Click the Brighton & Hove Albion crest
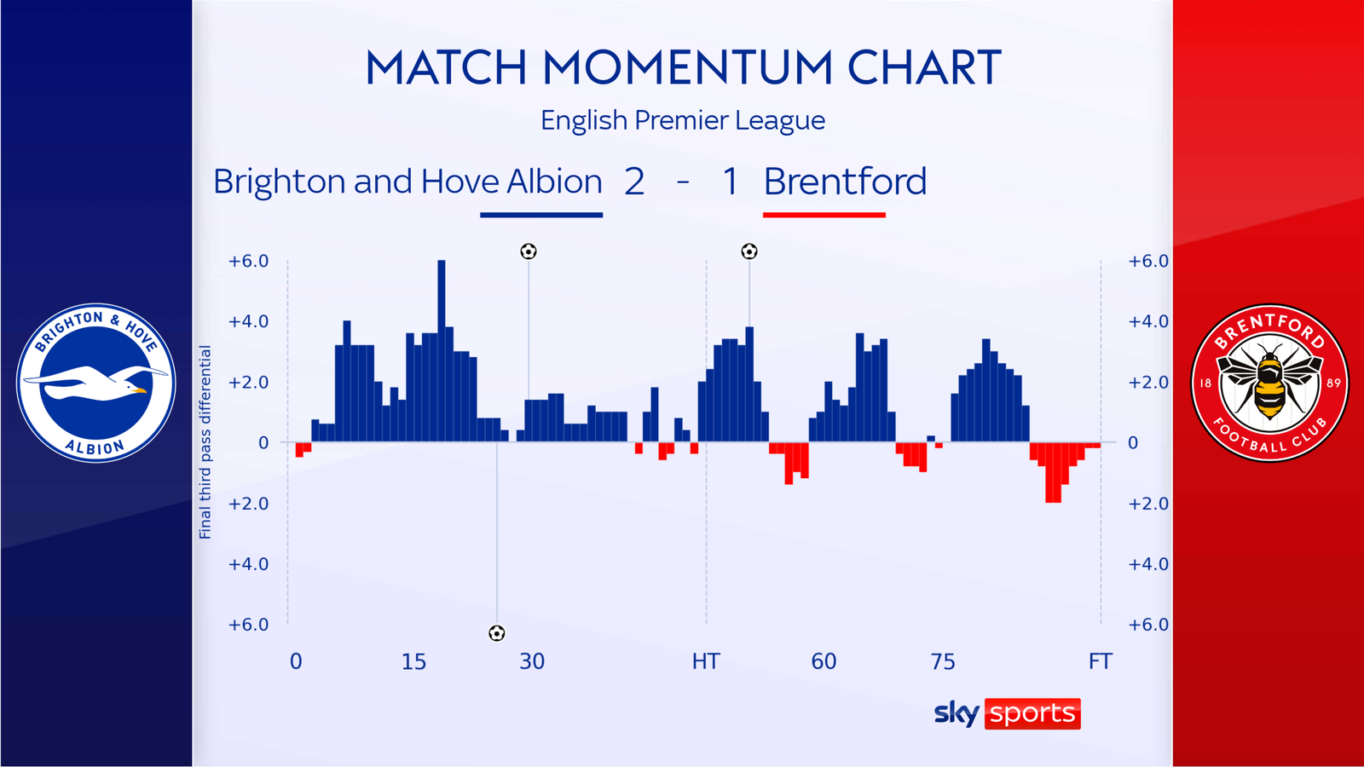96,383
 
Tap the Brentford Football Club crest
1269,383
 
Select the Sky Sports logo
1007,713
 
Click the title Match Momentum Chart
683,68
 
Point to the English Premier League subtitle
683,120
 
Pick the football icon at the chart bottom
497,633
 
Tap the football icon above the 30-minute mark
529,251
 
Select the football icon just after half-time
749,251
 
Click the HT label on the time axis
706,661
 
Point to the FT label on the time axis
1100,661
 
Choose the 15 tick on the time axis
413,661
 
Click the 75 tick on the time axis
943,661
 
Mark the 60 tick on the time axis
824,661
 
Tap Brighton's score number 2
634,182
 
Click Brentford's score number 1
730,182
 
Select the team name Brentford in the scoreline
845,182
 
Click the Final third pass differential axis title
205,442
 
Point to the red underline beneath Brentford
824,215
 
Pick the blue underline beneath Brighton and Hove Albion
541,215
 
